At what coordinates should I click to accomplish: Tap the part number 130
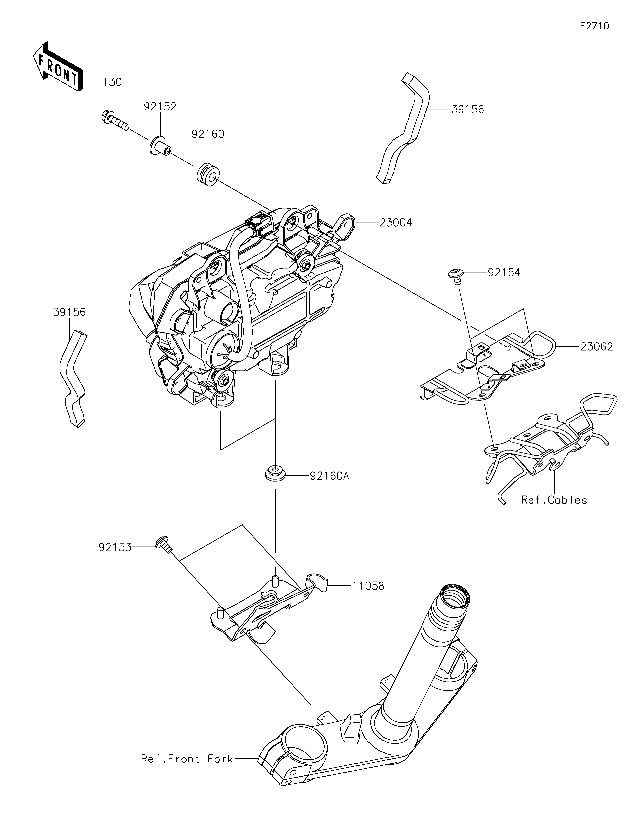(112, 82)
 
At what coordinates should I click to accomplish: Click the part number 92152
(160, 107)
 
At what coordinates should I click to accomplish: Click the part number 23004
(396, 223)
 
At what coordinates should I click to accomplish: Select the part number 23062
(596, 346)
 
